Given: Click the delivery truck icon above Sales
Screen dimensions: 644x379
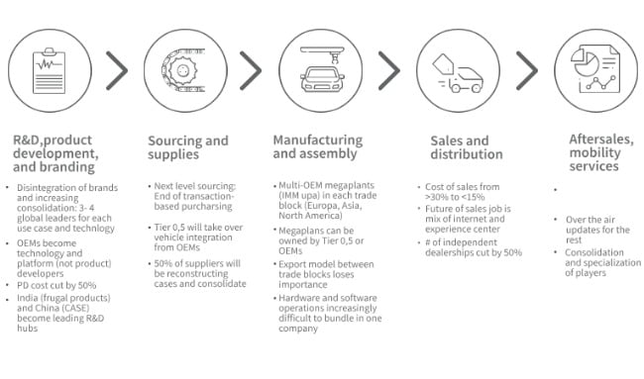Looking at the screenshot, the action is [458, 68].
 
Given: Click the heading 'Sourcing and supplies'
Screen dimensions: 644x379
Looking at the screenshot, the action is [187, 147].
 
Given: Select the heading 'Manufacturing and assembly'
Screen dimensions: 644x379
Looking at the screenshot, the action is [320, 147].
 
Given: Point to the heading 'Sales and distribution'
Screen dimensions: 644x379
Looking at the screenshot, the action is [460, 147].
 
